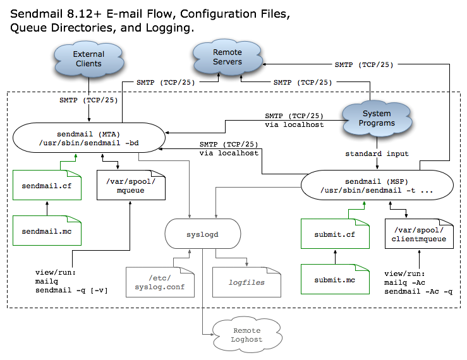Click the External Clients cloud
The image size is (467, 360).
click(88, 59)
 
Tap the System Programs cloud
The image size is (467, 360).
click(377, 118)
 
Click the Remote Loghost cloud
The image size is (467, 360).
click(246, 334)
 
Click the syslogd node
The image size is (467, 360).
click(202, 233)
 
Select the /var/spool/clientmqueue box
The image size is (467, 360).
click(419, 234)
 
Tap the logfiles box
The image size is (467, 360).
click(246, 282)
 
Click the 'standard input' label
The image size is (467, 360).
click(377, 153)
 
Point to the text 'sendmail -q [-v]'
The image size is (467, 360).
click(71, 290)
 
